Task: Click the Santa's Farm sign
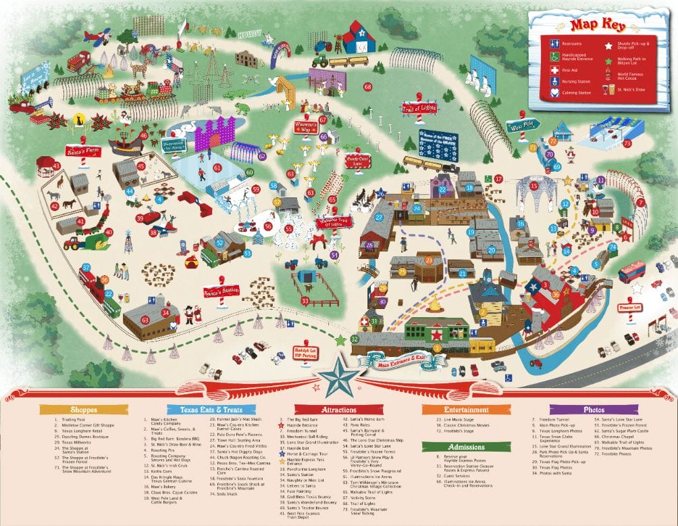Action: pos(82,151)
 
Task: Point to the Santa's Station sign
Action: pos(221,291)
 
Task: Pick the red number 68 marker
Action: pos(368,87)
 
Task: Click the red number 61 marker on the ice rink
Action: pos(217,167)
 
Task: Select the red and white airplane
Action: pos(99,37)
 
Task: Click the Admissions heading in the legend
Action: pos(456,446)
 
